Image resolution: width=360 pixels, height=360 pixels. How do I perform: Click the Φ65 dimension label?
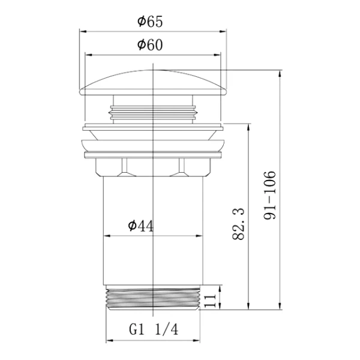tap(150, 22)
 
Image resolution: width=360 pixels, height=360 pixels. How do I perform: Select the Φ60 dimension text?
tap(150, 45)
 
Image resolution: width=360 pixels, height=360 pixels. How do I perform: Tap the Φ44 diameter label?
tap(141, 226)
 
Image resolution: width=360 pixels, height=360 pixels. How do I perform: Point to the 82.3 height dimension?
tap(238, 223)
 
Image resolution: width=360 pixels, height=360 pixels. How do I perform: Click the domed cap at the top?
tap(155, 84)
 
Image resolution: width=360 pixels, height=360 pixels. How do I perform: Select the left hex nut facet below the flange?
tap(127, 167)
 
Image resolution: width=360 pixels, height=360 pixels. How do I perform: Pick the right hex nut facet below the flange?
tap(182, 167)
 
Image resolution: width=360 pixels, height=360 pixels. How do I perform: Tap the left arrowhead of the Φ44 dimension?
tap(107, 236)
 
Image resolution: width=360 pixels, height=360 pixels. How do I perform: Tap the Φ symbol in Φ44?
tap(131, 226)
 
